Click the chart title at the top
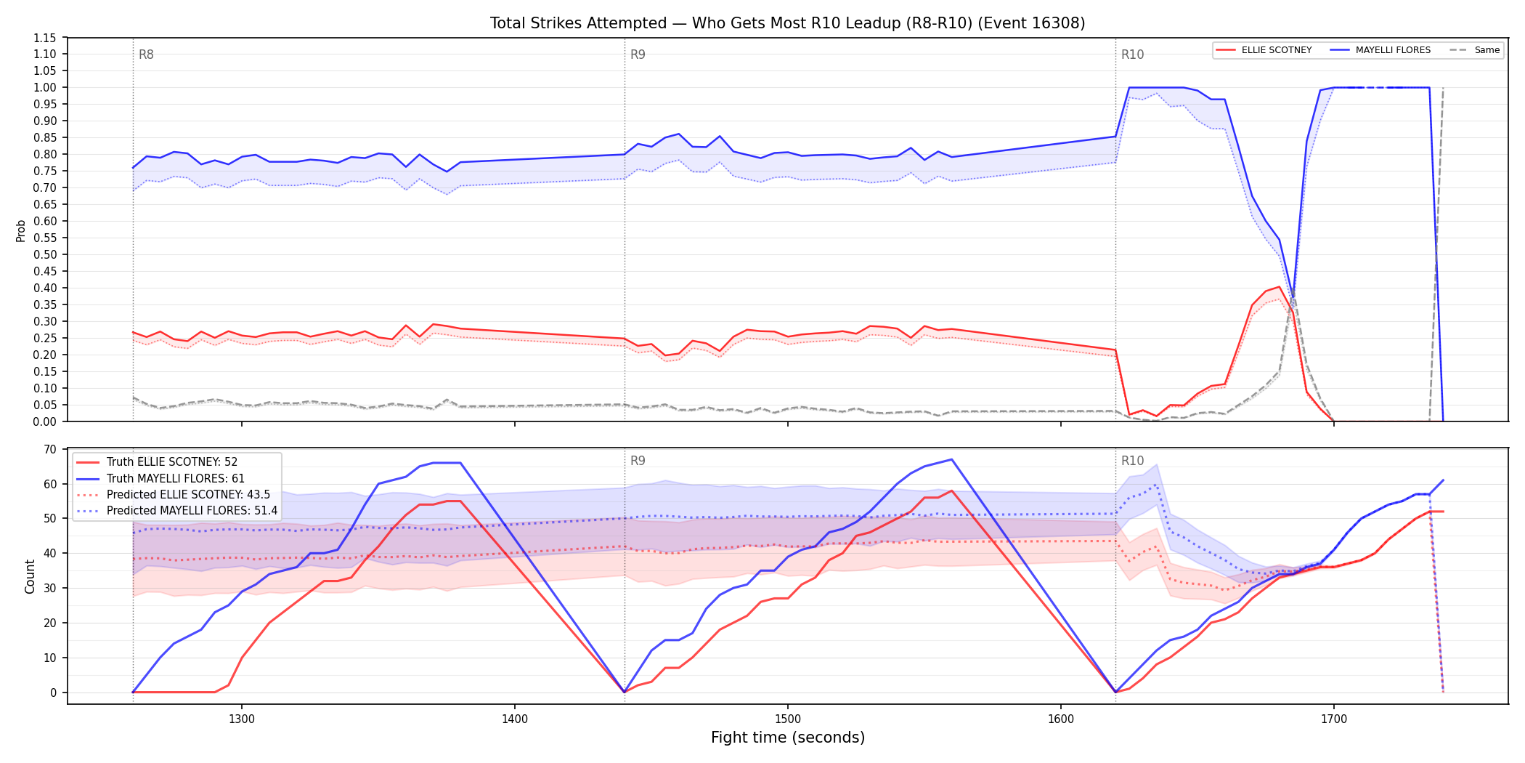(x=787, y=23)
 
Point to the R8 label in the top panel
(x=146, y=54)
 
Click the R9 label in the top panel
(x=638, y=54)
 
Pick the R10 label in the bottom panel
(x=1132, y=461)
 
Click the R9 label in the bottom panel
(x=638, y=461)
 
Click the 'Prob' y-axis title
(x=21, y=230)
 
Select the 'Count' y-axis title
(x=30, y=576)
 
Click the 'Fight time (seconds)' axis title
(x=788, y=738)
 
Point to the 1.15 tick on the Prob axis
(x=45, y=38)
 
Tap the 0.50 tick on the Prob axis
(x=45, y=255)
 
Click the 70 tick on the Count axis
(x=50, y=450)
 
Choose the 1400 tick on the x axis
(x=515, y=719)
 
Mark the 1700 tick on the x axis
(x=1334, y=719)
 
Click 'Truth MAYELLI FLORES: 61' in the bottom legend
(x=176, y=478)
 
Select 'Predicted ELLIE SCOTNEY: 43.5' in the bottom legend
(x=188, y=495)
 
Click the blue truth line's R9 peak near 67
(x=951, y=459)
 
